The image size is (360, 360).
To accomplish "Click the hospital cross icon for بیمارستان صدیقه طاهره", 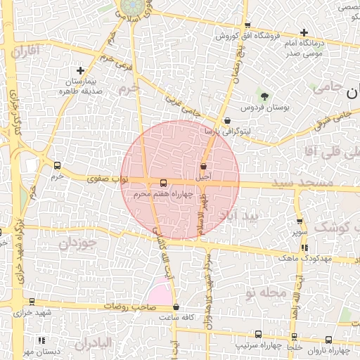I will coord(81,70).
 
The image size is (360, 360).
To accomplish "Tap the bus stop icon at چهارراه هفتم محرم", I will coord(164,183).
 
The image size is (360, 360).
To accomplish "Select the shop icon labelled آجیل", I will coord(203,167).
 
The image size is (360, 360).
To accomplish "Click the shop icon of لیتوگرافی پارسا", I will coord(227,120).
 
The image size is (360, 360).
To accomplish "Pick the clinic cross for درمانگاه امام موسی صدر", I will coord(304,32).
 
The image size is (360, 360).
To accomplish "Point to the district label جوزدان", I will coord(75,244).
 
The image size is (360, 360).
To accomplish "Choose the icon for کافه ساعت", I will coord(176,307).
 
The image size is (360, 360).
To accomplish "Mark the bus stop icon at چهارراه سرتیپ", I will coord(258,335).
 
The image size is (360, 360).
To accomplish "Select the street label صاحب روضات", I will coord(130,307).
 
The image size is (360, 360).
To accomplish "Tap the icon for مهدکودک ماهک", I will coord(304,247).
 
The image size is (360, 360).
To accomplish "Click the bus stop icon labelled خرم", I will coord(57,166).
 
